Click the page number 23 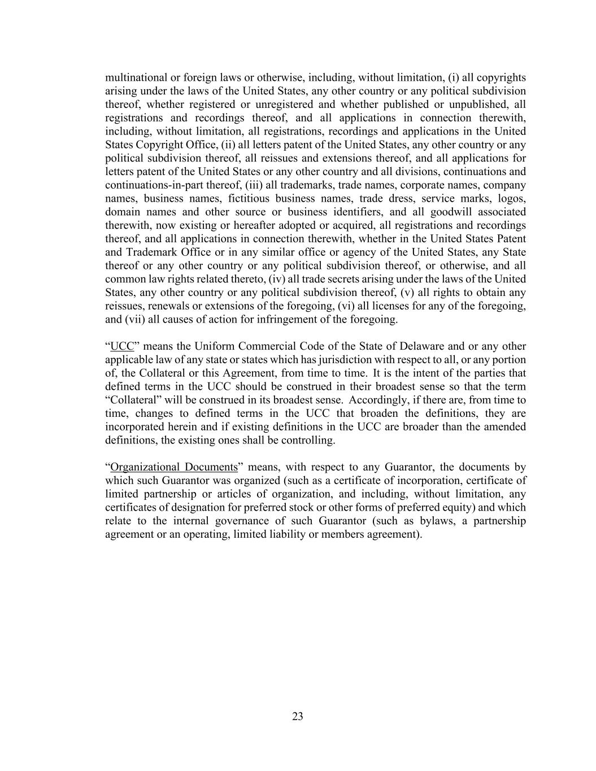(x=298, y=717)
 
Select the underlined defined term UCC (x=122, y=346)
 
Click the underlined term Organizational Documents (x=174, y=467)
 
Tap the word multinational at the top (x=136, y=77)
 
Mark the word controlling (x=308, y=440)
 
